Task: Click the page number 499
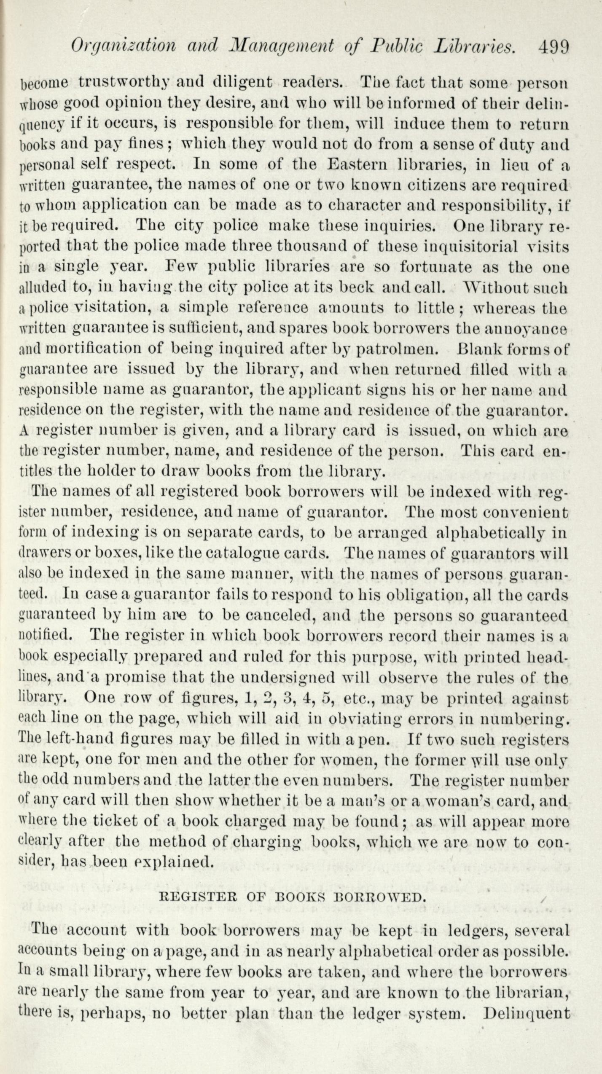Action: [x=554, y=46]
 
